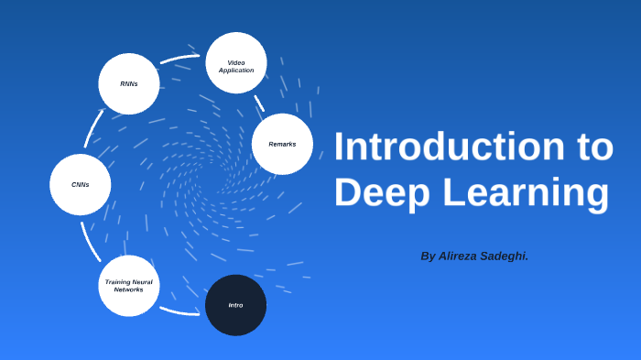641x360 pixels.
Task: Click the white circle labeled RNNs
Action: point(129,84)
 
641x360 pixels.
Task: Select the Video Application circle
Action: point(236,63)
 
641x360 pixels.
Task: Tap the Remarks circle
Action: point(282,144)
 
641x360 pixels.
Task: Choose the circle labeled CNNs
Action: point(81,184)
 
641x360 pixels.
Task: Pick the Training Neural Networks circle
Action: point(129,286)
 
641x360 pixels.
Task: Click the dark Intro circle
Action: point(235,305)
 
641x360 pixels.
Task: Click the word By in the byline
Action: point(428,256)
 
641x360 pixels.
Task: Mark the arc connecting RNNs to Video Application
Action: point(179,60)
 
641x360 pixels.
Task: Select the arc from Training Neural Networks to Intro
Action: point(179,312)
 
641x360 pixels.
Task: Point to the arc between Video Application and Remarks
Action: point(259,103)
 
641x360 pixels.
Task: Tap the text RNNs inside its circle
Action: point(129,84)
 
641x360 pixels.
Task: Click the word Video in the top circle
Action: point(236,62)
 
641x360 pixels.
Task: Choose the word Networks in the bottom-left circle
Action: point(129,289)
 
